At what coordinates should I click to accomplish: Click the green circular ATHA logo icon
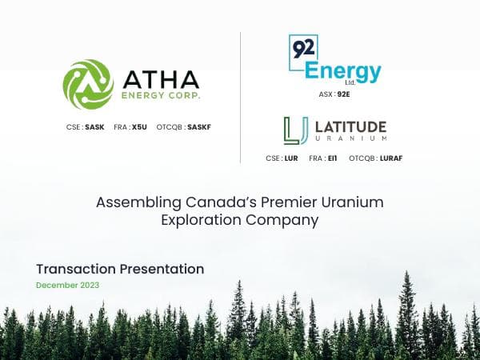pos(88,84)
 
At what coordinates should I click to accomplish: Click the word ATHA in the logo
pos(161,79)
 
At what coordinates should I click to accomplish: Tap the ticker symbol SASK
pos(94,127)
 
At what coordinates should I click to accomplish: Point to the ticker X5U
pos(139,127)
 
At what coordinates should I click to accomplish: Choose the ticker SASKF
pos(198,127)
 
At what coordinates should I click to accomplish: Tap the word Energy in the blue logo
pos(342,71)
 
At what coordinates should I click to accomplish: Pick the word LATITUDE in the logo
pos(350,126)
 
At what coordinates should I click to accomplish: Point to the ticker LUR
pos(290,158)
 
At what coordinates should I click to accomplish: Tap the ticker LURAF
pos(390,158)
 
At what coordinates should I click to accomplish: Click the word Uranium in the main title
pos(353,202)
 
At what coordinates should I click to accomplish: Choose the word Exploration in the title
pos(204,219)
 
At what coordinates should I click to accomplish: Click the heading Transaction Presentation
pos(120,269)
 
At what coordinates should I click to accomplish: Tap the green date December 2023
pos(68,286)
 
